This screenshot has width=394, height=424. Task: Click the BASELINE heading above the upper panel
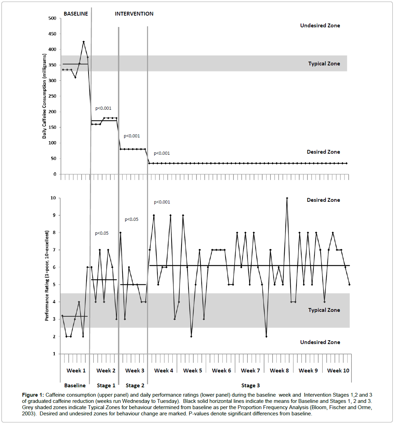tap(76, 14)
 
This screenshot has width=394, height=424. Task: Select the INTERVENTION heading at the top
tap(134, 14)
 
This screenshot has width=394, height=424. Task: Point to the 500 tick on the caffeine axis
tap(52, 18)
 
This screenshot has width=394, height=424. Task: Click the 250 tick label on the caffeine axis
tap(52, 96)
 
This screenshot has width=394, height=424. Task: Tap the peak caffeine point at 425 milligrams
tap(83, 42)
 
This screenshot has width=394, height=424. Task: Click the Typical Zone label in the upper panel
tap(324, 64)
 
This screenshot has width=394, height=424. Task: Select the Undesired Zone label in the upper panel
tap(320, 26)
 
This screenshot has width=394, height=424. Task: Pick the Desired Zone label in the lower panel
tap(323, 200)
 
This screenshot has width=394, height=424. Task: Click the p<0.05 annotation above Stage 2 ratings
tap(131, 219)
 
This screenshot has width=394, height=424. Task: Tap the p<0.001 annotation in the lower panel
tap(162, 202)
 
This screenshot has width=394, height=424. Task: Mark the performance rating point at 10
tap(287, 198)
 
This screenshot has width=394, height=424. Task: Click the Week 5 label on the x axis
tap(193, 371)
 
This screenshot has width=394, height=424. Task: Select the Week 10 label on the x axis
tap(338, 371)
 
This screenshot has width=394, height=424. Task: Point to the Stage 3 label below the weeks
tap(250, 386)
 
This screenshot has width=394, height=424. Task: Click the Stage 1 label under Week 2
tap(106, 386)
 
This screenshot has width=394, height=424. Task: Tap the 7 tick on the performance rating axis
tap(54, 250)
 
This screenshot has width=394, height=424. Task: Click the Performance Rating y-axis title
tap(47, 276)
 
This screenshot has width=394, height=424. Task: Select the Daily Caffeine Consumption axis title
tap(44, 96)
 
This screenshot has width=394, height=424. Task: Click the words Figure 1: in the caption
tap(33, 395)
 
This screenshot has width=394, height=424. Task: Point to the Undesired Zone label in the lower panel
tap(320, 342)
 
